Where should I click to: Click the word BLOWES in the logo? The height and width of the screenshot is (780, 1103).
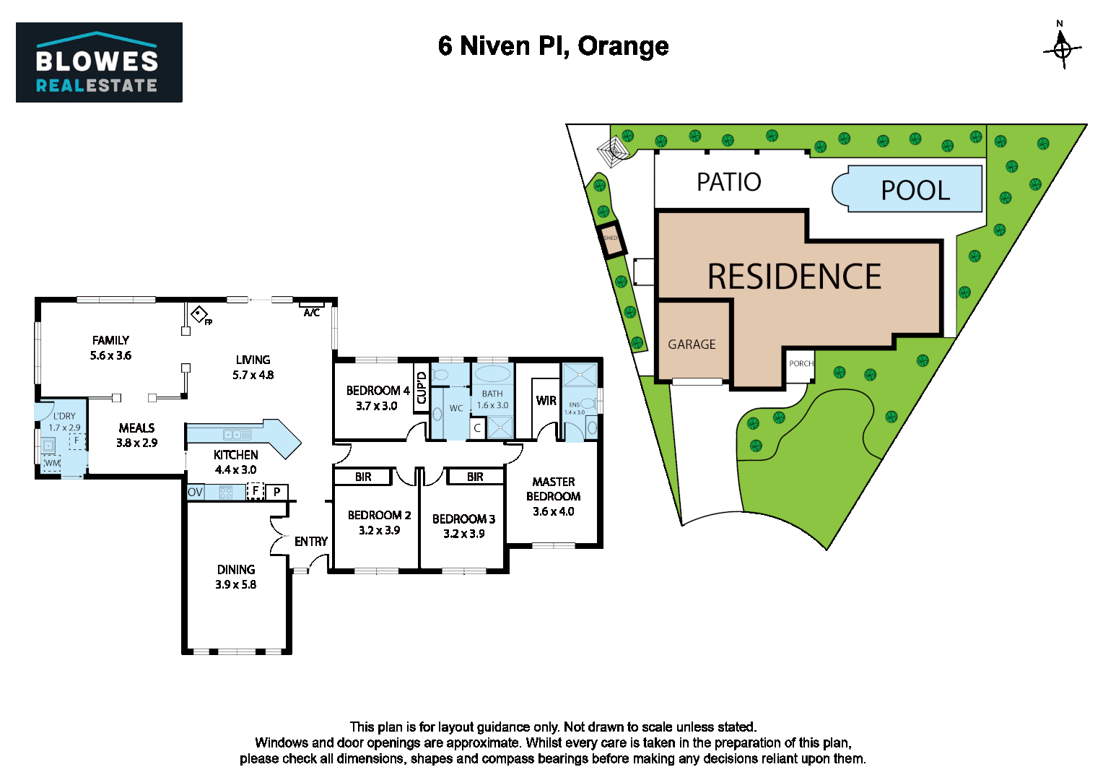97,61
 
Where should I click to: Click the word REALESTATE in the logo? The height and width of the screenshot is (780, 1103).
97,85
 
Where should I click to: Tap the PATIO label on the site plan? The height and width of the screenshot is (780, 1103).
728,182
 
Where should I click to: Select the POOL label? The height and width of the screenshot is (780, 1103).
915,191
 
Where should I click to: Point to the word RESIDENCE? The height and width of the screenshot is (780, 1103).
794,277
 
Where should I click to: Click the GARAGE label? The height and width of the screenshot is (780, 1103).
692,344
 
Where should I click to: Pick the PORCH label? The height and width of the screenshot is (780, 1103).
801,363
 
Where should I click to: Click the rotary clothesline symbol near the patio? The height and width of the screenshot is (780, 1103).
612,152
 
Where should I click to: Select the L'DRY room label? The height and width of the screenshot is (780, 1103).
64,416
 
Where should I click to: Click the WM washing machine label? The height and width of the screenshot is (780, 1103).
52,463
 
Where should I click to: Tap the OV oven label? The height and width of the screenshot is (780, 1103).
195,493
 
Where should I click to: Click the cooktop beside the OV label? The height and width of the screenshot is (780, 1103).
226,493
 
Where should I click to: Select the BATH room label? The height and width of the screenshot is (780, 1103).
492,394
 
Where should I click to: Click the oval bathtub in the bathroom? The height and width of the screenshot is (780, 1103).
492,374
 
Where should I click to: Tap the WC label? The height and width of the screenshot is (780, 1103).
456,408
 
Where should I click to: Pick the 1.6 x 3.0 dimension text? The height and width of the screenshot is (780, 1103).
492,405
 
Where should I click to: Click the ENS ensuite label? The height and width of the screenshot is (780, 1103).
574,405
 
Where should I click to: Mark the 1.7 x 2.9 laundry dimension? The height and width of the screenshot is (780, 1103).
64,428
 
